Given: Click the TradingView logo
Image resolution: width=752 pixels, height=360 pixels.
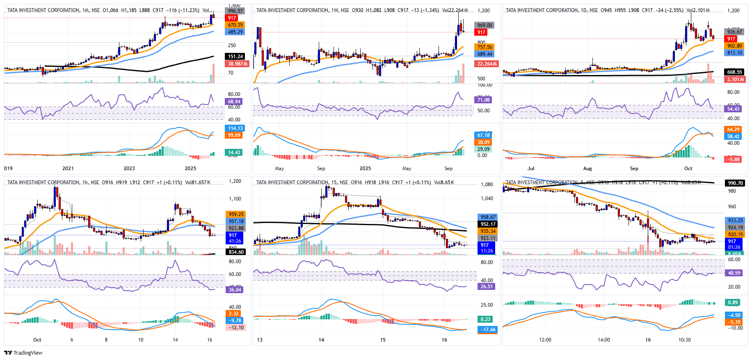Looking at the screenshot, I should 23,353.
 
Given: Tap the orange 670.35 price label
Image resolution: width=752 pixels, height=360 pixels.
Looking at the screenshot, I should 235,25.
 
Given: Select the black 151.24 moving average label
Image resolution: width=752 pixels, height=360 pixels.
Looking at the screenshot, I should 235,57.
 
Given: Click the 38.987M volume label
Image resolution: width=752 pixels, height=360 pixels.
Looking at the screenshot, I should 238,64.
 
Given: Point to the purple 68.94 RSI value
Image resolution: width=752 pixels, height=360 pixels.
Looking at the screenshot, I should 234,102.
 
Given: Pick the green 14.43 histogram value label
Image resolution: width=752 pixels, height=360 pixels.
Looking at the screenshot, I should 234,153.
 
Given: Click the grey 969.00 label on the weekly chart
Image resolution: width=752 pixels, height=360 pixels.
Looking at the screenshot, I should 485,25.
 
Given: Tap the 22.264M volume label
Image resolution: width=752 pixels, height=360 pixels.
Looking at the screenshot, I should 486,64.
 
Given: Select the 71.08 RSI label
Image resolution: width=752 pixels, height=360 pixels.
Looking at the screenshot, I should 483,100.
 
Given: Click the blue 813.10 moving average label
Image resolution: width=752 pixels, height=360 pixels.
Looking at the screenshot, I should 734,53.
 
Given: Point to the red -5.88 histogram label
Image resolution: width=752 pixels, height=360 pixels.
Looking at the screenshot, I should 734,159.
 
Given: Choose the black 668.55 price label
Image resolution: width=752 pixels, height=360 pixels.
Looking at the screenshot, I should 734,72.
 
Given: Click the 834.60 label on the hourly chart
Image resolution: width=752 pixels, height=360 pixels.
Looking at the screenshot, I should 236,252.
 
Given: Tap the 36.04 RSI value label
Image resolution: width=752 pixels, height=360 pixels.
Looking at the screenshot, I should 235,290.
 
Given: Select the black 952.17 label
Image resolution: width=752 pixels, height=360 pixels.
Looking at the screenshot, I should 488,224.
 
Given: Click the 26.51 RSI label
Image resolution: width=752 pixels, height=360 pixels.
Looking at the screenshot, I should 487,287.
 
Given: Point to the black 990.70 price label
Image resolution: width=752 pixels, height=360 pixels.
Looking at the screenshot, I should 735,183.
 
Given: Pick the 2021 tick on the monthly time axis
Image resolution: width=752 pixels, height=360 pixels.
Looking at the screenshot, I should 68,169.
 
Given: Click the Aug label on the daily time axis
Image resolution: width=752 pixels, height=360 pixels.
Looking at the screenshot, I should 587,169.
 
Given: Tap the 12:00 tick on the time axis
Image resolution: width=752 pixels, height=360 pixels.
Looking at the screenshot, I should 545,340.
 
